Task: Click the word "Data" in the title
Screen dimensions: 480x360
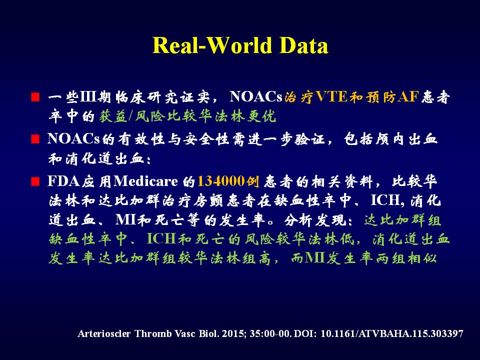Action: pos(303,45)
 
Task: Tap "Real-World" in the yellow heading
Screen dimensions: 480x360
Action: pos(212,45)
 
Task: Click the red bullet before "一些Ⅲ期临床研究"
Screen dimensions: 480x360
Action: pos(35,97)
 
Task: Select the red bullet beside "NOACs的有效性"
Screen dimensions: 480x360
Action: pos(35,139)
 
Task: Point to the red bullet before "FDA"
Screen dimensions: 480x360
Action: pos(35,181)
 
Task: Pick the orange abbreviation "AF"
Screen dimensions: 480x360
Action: pos(408,96)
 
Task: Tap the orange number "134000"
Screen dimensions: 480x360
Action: pos(221,181)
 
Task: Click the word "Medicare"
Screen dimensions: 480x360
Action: pos(145,181)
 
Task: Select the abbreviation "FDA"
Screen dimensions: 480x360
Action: pos(63,181)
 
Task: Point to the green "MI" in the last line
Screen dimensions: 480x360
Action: pos(314,258)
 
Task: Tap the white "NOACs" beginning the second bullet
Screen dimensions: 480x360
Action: pos(74,139)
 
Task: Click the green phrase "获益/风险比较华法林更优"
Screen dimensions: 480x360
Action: pos(187,116)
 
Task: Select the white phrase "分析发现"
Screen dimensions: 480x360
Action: pos(314,220)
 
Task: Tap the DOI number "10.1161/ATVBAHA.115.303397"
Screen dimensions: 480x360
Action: pos(392,333)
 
